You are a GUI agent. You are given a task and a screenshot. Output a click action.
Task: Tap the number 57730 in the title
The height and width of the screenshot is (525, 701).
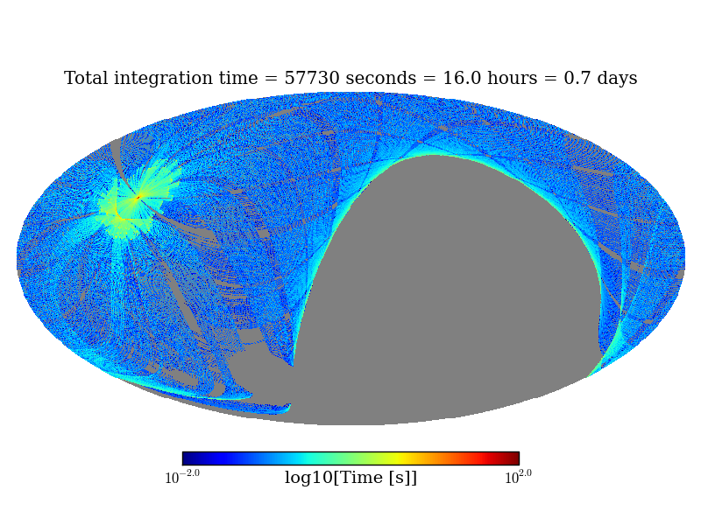point(312,79)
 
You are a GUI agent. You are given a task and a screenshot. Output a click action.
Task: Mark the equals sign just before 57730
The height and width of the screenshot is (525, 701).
point(271,80)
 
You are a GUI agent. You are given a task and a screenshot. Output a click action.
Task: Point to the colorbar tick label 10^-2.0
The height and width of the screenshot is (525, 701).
point(182,477)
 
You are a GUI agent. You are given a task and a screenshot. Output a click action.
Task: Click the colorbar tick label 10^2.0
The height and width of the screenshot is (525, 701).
point(518,477)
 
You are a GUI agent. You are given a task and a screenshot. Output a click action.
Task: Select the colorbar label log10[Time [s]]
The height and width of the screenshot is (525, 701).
point(350,478)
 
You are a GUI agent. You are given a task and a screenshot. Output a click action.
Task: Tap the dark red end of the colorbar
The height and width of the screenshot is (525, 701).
point(513,458)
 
